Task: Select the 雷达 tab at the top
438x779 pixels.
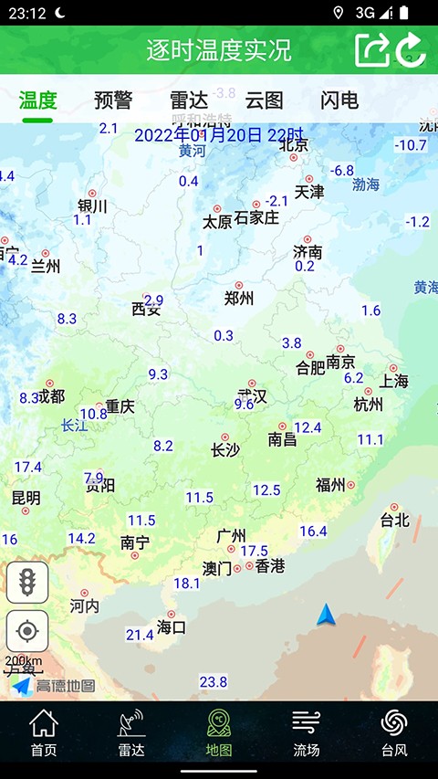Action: click(188, 100)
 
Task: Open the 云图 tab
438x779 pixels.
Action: click(264, 100)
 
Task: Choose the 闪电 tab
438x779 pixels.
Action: click(339, 100)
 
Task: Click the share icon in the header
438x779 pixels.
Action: click(371, 49)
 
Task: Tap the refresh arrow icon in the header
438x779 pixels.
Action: click(412, 49)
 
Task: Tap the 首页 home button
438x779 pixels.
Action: click(43, 733)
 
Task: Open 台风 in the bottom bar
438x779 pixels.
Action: click(394, 733)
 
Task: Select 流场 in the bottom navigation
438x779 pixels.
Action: click(307, 733)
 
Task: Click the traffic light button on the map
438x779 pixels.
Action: click(27, 582)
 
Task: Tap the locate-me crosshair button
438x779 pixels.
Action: click(27, 631)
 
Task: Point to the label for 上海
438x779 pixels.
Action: click(394, 381)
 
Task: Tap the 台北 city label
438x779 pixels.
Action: click(395, 521)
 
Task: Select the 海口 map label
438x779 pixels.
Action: click(172, 627)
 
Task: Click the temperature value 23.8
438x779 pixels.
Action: click(213, 682)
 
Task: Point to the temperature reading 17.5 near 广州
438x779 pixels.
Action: click(254, 551)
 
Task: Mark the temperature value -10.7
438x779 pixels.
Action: click(411, 145)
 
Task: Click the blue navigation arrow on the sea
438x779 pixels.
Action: click(327, 616)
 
